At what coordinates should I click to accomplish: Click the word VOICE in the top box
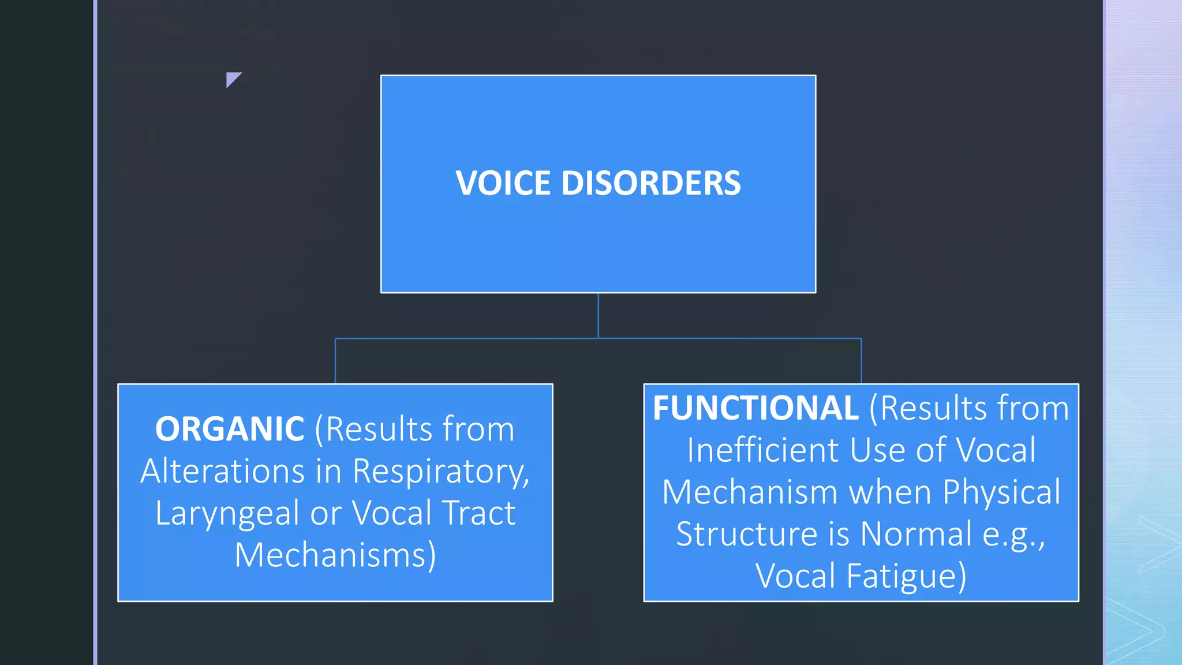[503, 184]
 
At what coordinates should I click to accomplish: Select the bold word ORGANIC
[230, 429]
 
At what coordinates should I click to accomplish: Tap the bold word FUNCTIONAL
[755, 408]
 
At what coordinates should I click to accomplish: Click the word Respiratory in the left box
[440, 472]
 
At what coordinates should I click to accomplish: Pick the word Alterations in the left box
[223, 472]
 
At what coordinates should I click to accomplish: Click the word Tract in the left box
[478, 513]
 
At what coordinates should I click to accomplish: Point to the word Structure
[747, 534]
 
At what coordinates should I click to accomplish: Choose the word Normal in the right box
[916, 534]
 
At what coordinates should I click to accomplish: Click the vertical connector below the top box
[598, 315]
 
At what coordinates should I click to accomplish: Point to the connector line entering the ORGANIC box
[335, 361]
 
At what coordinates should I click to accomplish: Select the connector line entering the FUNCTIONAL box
[861, 361]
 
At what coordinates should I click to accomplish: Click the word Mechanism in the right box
[749, 492]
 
